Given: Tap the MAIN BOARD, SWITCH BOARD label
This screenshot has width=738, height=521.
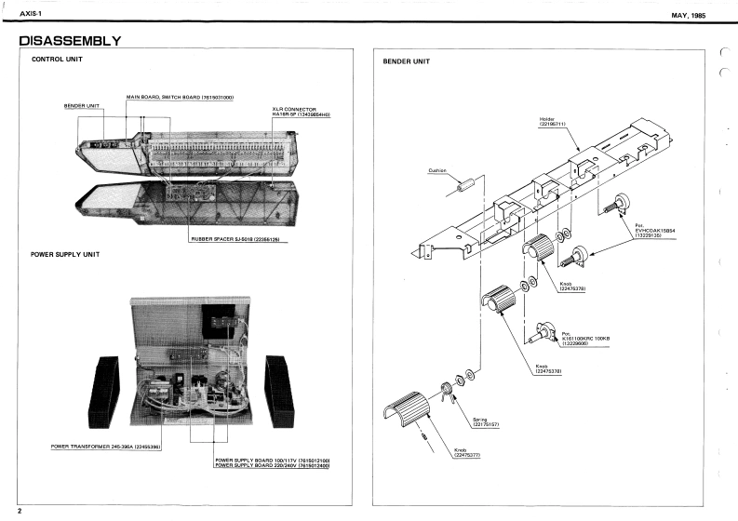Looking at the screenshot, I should click(180, 98).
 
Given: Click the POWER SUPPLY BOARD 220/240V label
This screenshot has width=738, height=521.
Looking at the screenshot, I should click(273, 465).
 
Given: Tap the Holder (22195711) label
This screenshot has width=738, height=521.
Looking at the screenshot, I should click(554, 122).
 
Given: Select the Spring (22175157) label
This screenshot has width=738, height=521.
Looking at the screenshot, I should click(486, 422).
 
